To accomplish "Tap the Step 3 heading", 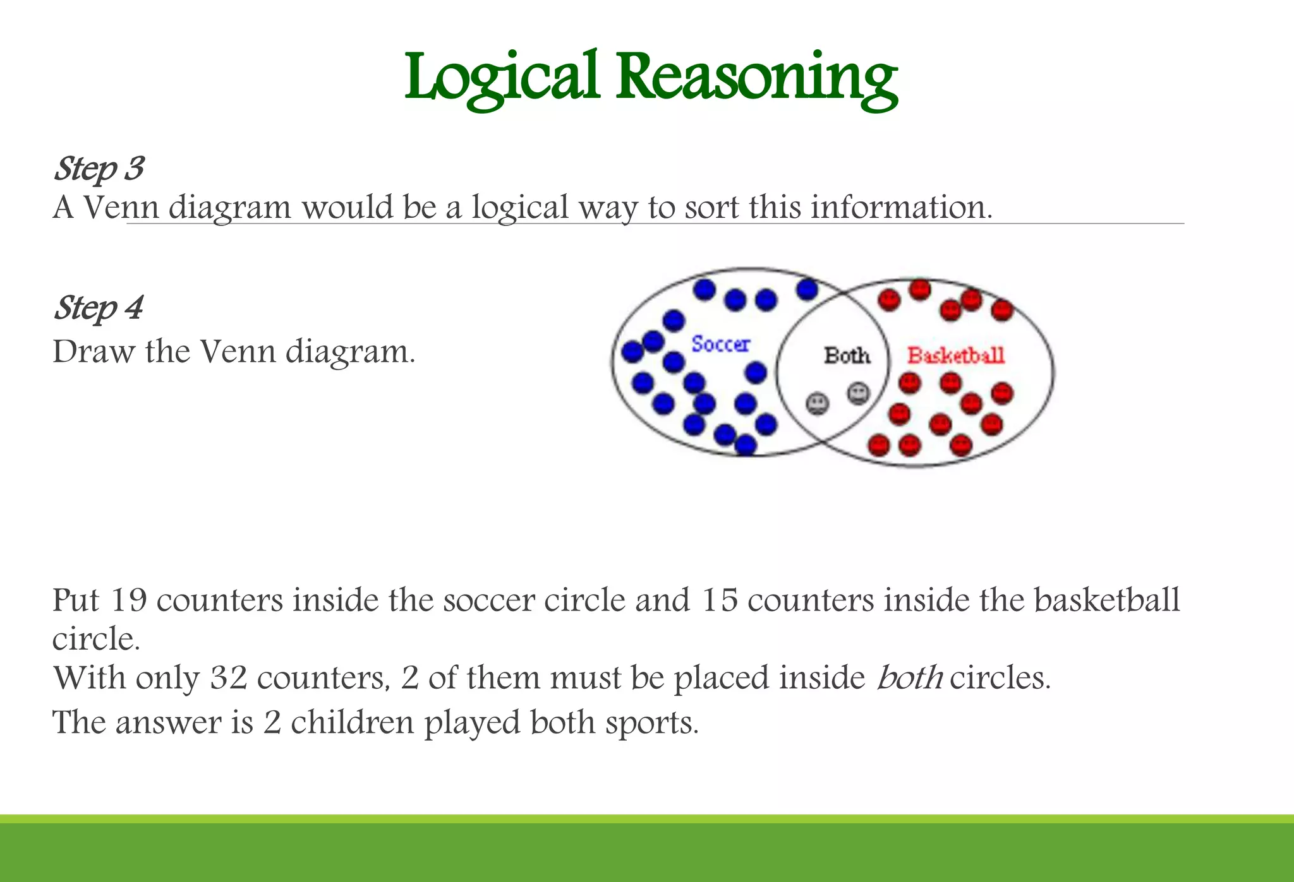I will pos(99,169).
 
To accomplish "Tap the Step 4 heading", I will pos(99,309).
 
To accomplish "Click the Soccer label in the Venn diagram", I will pos(720,344).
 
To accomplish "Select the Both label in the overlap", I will pos(847,355).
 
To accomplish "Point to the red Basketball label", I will pos(955,355).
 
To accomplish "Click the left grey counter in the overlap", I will pos(818,403).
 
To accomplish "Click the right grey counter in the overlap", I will pos(858,393).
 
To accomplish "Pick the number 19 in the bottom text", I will pos(128,600).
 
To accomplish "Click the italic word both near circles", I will pos(910,677).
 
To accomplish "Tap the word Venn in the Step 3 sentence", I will pos(121,207).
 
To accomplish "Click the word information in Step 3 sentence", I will pos(901,207).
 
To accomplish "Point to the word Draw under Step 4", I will pos(94,352).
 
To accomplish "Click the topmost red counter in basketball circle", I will pos(920,289).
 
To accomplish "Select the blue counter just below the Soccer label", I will pos(756,372).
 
